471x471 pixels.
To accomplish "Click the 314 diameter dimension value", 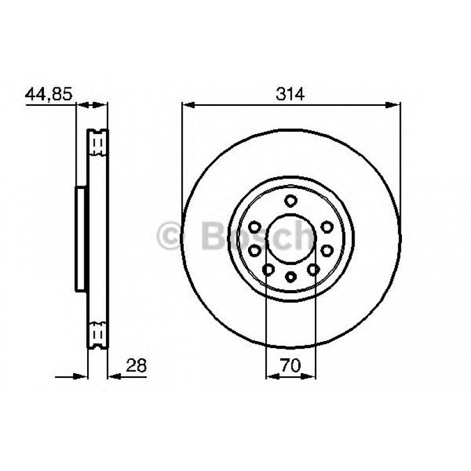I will point(291,94).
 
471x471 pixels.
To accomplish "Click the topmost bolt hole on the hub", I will point(291,201).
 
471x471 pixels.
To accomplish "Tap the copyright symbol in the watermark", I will point(170,236).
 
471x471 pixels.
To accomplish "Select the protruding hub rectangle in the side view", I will point(81,238).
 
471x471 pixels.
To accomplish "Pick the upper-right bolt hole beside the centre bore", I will point(326,226).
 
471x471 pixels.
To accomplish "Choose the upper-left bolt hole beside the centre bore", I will point(255,226).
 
